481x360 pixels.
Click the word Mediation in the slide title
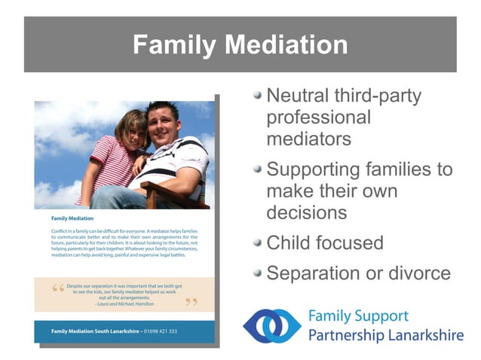click(x=286, y=45)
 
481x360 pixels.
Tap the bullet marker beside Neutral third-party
click(x=258, y=96)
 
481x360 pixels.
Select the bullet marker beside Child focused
click(x=258, y=243)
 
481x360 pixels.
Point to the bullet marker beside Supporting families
click(x=258, y=169)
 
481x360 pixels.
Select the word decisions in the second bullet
click(x=307, y=213)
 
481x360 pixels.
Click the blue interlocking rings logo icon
click(x=271, y=325)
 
